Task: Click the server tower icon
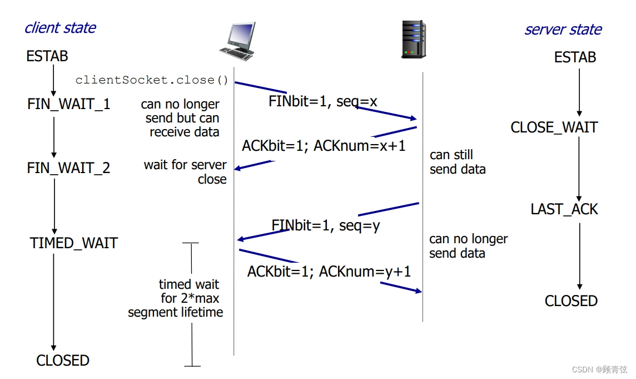[x=414, y=39]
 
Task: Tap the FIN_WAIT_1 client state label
[x=69, y=104]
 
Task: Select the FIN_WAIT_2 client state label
[x=69, y=168]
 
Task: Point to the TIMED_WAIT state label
[x=74, y=243]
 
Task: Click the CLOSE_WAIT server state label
[x=554, y=127]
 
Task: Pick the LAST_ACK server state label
[x=564, y=209]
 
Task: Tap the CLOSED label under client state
[x=63, y=361]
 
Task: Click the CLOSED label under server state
[x=571, y=301]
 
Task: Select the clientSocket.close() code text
[x=152, y=80]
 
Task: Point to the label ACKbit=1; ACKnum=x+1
[x=324, y=146]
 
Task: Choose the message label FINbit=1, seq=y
[x=326, y=225]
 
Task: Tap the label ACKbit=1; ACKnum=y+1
[x=329, y=272]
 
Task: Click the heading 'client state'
[x=60, y=28]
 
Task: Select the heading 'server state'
[x=563, y=29]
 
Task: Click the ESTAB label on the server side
[x=575, y=57]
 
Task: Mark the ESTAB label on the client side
[x=47, y=56]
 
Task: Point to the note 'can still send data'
[x=458, y=162]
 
